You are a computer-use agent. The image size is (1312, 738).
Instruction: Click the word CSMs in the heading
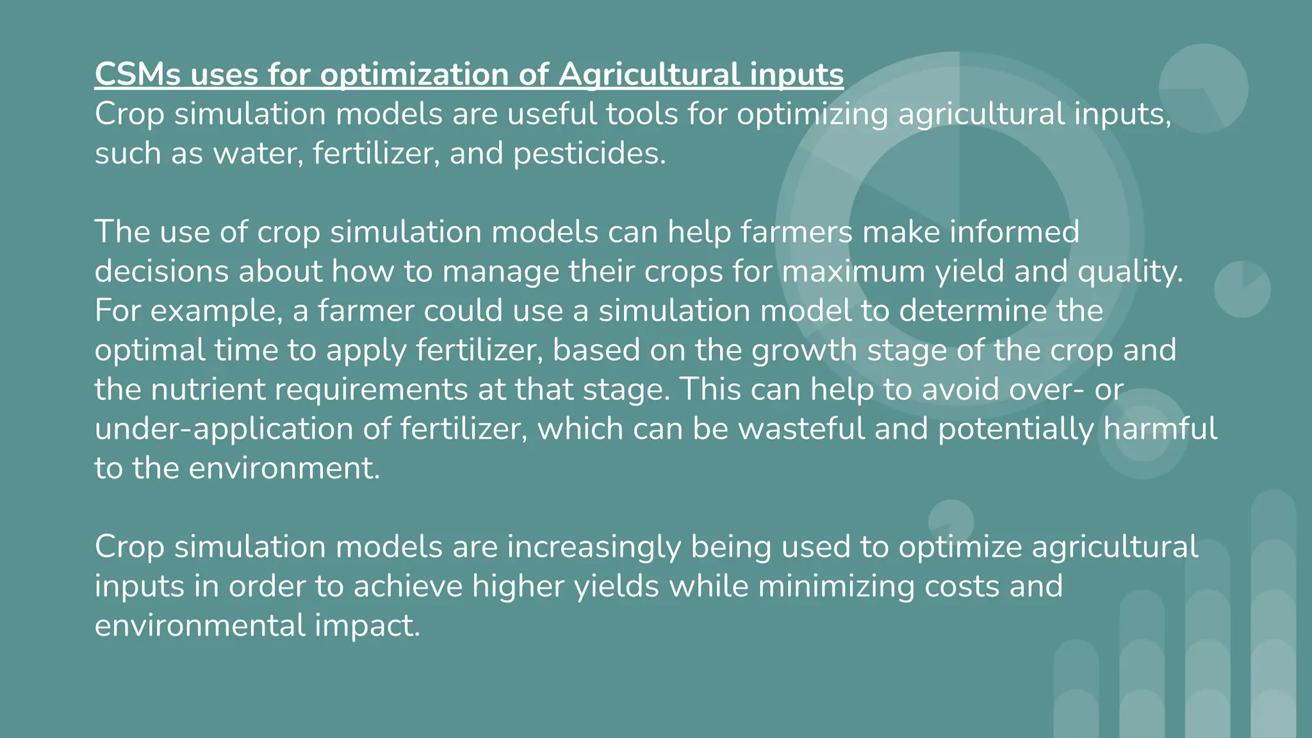(x=137, y=74)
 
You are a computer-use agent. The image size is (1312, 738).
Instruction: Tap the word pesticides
(x=589, y=154)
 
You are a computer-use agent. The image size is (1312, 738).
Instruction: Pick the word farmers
(x=796, y=232)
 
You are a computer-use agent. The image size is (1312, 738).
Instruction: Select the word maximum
(x=853, y=272)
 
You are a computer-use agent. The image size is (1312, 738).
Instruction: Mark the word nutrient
(x=208, y=390)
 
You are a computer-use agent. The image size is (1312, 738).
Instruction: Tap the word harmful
(x=1160, y=429)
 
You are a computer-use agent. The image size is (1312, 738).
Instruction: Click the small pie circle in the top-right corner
(x=1203, y=88)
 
